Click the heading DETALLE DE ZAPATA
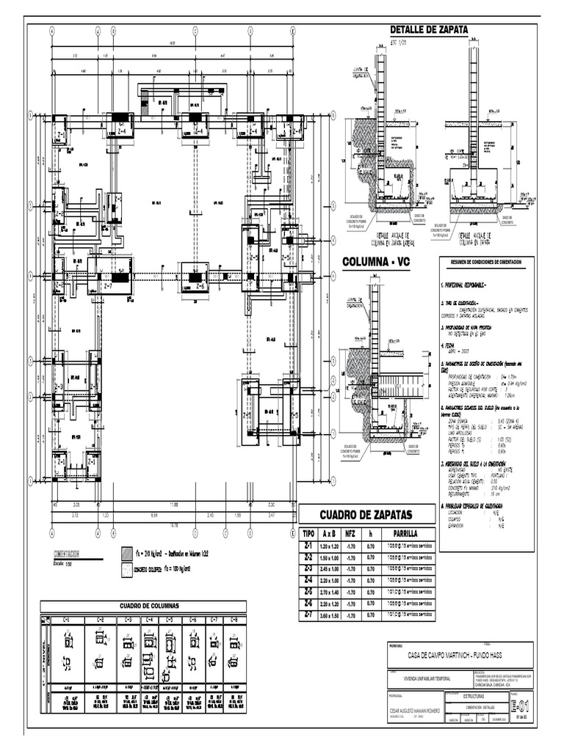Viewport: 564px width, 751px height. (428, 29)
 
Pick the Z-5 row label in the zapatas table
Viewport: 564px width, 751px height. (308, 590)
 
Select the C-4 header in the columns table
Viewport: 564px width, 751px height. (150, 620)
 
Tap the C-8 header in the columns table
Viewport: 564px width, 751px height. (234, 620)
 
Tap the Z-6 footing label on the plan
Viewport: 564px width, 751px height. (199, 287)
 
